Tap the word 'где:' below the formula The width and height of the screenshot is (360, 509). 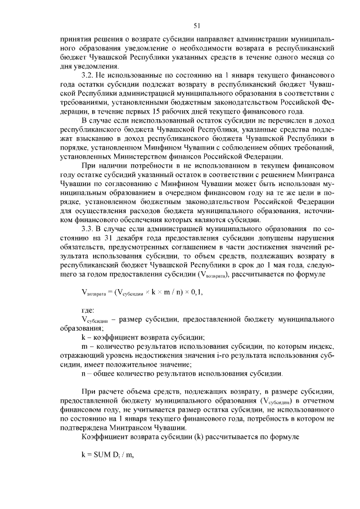[x=88, y=309]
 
